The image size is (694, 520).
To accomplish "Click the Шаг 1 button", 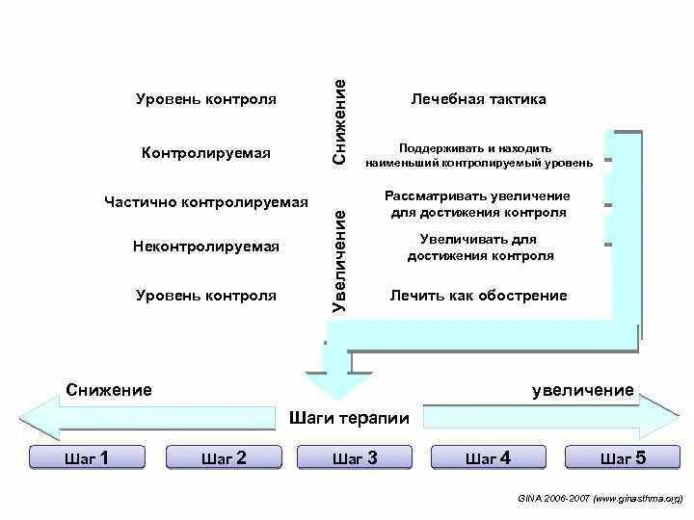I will point(86,458).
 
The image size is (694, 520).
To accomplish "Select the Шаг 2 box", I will point(224,458).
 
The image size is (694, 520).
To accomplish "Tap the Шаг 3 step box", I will point(355,458).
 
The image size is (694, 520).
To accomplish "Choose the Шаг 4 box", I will point(487,458).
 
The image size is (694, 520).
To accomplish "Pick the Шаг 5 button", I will point(623,458).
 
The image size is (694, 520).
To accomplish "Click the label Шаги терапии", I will point(349,419).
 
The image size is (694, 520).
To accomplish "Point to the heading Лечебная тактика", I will point(479,99).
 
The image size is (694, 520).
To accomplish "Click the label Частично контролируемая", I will point(206,202).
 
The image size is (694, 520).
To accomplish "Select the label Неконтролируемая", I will point(206,247).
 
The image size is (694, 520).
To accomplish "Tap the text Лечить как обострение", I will point(479,296).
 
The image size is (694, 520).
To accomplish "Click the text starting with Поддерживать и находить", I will point(479,155).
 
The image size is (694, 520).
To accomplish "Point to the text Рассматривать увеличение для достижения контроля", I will point(479,204).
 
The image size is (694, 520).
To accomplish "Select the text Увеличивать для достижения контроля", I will point(479,247).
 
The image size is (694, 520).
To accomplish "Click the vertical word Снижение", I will point(339,121).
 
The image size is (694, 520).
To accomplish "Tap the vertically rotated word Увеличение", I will point(339,259).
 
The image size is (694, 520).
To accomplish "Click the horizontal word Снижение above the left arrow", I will point(110,390).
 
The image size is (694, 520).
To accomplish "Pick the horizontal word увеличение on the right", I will point(583,390).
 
